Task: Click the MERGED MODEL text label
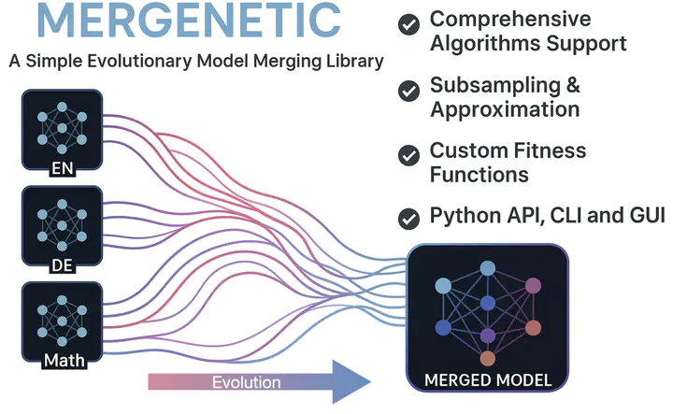[x=488, y=380]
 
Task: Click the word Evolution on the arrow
[x=246, y=382]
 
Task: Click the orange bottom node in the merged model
[x=487, y=358]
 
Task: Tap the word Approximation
[x=505, y=109]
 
